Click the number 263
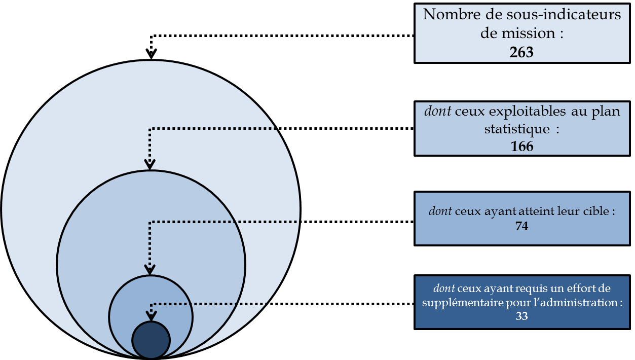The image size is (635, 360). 522,52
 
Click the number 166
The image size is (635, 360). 522,146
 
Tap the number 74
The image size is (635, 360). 521,227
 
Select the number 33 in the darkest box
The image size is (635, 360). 521,316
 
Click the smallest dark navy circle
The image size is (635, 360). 151,340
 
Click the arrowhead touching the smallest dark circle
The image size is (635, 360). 151,317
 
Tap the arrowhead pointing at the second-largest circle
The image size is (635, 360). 150,164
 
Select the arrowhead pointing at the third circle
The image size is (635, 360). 150,270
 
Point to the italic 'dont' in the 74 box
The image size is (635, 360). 440,211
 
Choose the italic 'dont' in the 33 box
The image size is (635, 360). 444,289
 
